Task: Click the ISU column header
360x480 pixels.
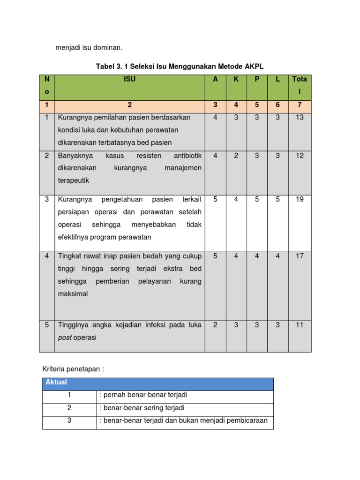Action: click(x=130, y=80)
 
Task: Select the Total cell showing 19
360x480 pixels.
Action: click(x=300, y=199)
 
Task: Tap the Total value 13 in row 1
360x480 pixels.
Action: click(x=300, y=117)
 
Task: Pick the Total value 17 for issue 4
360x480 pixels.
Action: click(x=300, y=256)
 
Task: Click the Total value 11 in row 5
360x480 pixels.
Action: click(x=300, y=325)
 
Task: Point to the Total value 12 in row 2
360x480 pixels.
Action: click(x=300, y=156)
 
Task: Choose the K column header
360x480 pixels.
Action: click(x=236, y=80)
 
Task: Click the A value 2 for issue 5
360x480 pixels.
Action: click(x=215, y=325)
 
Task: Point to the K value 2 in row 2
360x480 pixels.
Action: click(x=236, y=156)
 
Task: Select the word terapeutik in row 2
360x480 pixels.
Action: click(x=74, y=180)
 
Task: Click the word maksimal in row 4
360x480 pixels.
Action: click(x=73, y=294)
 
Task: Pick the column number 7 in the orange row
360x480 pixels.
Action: click(x=300, y=105)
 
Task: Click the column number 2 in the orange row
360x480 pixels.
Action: click(x=130, y=105)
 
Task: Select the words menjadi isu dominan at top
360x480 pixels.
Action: click(x=89, y=47)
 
